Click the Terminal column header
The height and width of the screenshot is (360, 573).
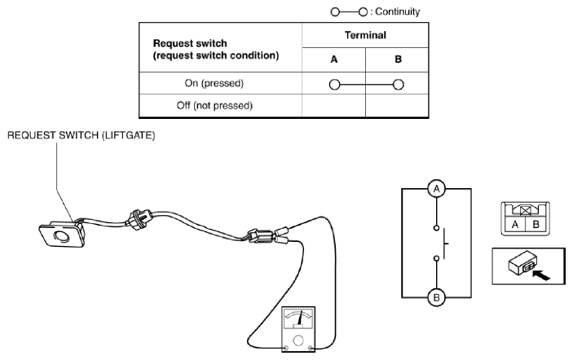point(365,35)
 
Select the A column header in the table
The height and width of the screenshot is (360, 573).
point(334,59)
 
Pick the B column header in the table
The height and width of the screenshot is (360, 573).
point(399,59)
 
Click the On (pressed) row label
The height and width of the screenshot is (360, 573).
point(214,83)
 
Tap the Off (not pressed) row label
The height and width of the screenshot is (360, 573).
point(214,106)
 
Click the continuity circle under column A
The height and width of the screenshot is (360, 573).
point(334,85)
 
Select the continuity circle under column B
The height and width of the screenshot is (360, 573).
point(399,85)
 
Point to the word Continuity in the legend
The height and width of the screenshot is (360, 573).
point(398,11)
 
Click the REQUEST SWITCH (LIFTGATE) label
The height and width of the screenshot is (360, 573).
point(82,135)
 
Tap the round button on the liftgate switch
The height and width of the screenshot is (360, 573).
point(62,236)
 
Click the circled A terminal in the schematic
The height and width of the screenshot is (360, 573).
point(436,189)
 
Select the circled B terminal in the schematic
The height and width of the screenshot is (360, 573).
point(436,297)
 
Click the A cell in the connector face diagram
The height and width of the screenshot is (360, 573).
point(515,224)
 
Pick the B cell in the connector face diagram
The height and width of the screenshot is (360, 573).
point(536,224)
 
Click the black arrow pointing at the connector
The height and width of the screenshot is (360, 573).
point(541,275)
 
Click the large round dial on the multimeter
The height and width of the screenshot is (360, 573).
point(298,340)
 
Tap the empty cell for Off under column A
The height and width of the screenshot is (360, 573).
point(333,106)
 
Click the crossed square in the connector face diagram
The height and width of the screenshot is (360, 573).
point(526,211)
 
